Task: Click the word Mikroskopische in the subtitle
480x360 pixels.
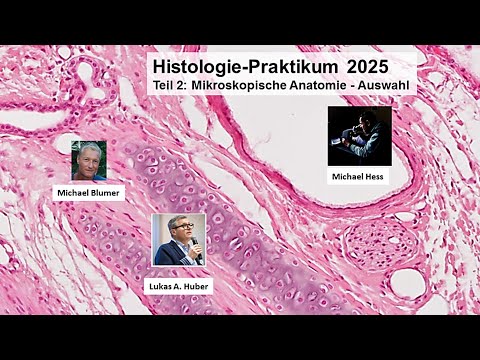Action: tap(244, 86)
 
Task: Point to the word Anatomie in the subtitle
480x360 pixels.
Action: tap(327, 86)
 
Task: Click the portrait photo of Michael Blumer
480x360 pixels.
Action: tap(89, 161)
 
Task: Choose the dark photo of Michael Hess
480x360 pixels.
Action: tap(359, 136)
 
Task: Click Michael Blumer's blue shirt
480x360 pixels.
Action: tap(89, 175)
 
